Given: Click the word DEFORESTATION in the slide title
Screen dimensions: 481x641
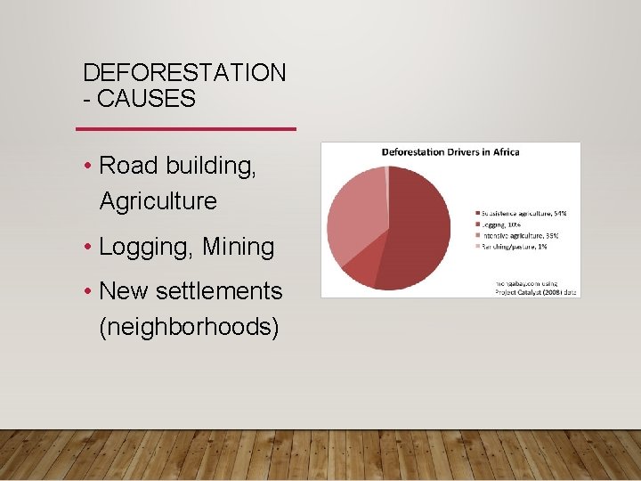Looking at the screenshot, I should click(184, 73).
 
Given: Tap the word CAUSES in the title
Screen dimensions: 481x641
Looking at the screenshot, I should click(146, 99).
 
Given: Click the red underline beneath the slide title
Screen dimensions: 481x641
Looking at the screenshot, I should click(186, 129).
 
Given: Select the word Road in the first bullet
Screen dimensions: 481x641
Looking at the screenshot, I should click(128, 166).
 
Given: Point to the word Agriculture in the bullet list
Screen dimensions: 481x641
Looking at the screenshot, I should click(158, 201).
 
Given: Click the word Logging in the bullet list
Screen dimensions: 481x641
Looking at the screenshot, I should click(146, 247).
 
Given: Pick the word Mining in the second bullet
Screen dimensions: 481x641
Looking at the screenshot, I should click(238, 247).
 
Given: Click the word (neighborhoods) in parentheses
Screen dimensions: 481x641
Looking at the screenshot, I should click(189, 327).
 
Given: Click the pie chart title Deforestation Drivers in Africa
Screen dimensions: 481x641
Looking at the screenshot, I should click(450, 152).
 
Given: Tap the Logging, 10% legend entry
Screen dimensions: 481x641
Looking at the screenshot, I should click(504, 224).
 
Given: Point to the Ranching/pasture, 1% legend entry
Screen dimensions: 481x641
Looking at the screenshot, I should click(515, 247).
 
